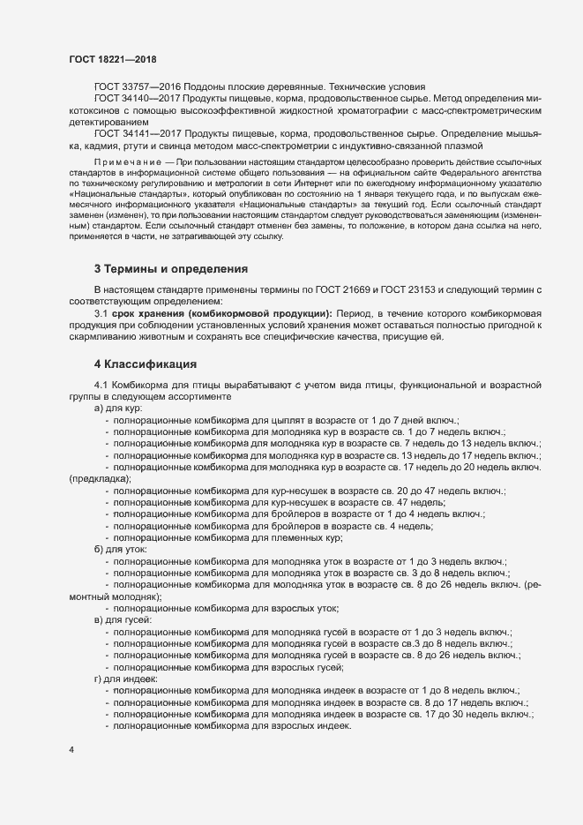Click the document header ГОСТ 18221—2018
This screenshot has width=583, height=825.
(x=112, y=59)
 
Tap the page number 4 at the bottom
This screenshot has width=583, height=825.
(x=72, y=749)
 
